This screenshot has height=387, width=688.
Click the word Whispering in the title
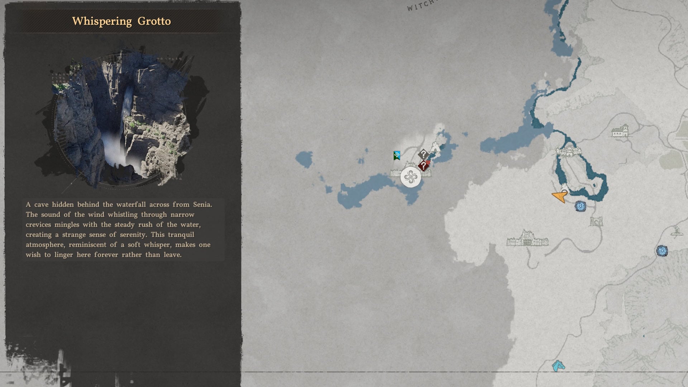tap(102, 21)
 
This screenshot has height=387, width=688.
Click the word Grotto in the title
tap(154, 21)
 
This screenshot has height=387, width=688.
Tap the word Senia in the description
tap(202, 205)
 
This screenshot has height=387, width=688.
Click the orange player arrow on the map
tap(560, 196)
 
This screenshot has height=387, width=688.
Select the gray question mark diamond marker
tap(423, 154)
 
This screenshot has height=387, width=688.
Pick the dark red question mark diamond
tap(424, 166)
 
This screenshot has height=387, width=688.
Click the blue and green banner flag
tap(397, 155)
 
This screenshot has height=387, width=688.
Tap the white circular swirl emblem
tap(411, 177)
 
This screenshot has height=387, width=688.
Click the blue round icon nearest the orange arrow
tap(580, 206)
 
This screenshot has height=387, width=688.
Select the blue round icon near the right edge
tap(662, 251)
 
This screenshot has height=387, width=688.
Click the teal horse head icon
tap(558, 366)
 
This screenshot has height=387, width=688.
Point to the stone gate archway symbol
tap(596, 221)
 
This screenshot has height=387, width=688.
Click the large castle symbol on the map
tap(527, 239)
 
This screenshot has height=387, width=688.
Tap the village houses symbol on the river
tap(569, 152)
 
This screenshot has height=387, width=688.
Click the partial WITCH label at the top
tap(421, 5)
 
